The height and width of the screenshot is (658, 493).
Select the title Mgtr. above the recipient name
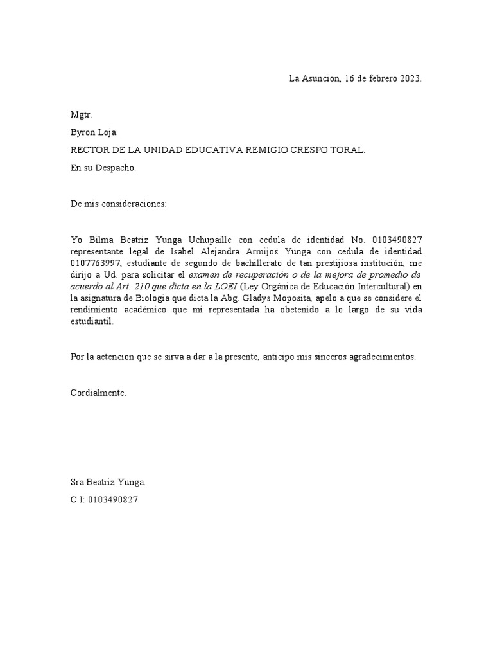click(x=82, y=115)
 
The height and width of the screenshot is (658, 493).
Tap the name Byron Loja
click(x=94, y=133)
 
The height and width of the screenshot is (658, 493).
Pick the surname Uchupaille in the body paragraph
click(x=210, y=240)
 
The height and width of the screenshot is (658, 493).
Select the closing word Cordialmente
click(x=98, y=392)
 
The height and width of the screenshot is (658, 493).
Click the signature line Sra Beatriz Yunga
click(x=108, y=482)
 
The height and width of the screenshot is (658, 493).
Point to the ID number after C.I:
click(x=113, y=499)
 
